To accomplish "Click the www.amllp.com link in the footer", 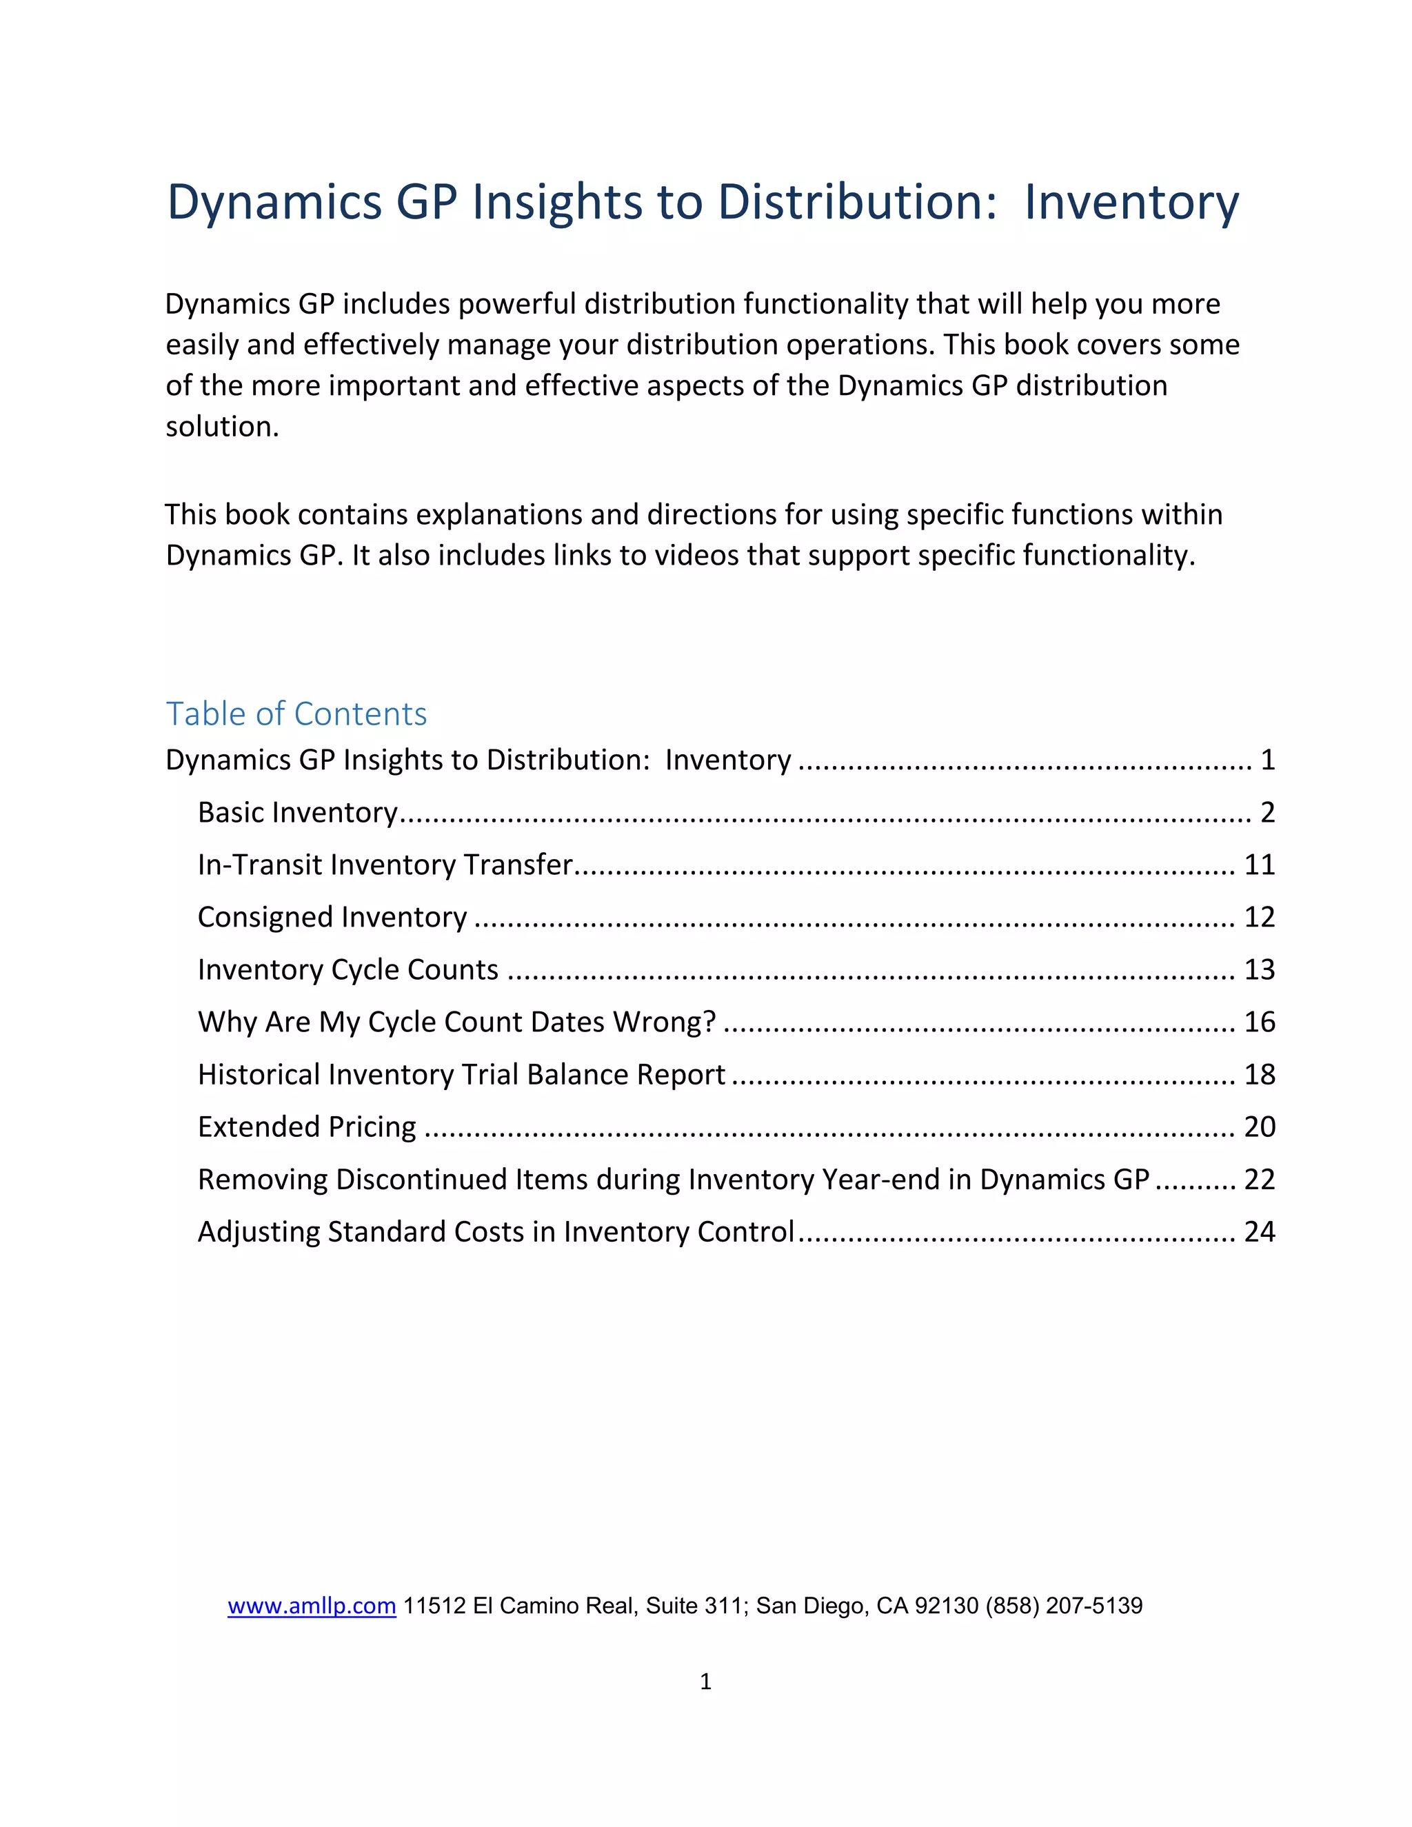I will coord(311,1605).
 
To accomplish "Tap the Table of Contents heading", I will coord(296,714).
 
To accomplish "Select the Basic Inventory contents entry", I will coord(298,812).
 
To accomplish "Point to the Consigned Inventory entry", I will coord(332,917).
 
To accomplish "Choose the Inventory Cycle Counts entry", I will coord(348,969).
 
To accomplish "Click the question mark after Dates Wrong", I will coord(709,1022).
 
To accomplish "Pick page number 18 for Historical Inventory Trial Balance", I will coord(1259,1074).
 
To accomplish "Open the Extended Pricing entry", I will coord(307,1127).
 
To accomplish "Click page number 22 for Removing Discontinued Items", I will coord(1259,1180).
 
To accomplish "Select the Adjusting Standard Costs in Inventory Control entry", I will coord(496,1231).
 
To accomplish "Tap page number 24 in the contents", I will coord(1259,1231).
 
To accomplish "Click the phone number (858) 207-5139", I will coord(1064,1605).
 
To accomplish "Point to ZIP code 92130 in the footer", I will coord(947,1605).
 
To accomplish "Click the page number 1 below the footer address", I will coord(705,1681).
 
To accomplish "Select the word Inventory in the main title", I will coord(1131,203).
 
